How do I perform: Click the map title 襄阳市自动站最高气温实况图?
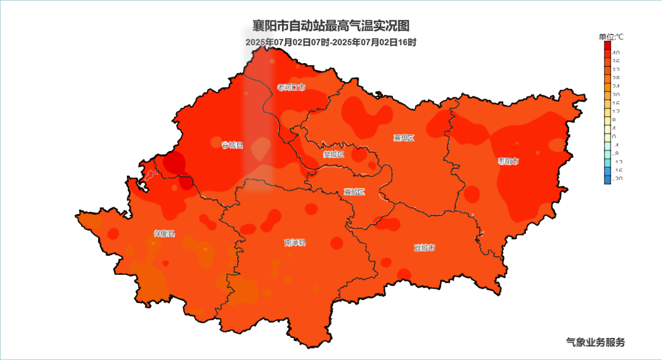click(331, 26)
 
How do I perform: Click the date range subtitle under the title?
click(331, 42)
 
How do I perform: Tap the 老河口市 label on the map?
click(291, 88)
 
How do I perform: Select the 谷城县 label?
click(232, 145)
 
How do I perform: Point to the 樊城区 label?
click(334, 154)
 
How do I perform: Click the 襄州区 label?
click(404, 138)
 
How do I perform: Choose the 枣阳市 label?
click(508, 161)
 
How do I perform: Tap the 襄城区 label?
click(354, 192)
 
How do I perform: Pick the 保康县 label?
click(164, 234)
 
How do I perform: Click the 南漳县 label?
click(295, 242)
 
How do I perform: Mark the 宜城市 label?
click(424, 248)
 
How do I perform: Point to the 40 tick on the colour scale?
click(616, 53)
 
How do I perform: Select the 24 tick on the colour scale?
click(616, 86)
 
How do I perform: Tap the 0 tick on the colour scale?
click(614, 136)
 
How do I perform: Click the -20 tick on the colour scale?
click(617, 178)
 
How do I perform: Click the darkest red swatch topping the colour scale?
click(607, 45)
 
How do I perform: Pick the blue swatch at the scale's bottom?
click(607, 179)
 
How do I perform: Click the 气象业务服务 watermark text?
click(596, 342)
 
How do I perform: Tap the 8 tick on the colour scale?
click(614, 120)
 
